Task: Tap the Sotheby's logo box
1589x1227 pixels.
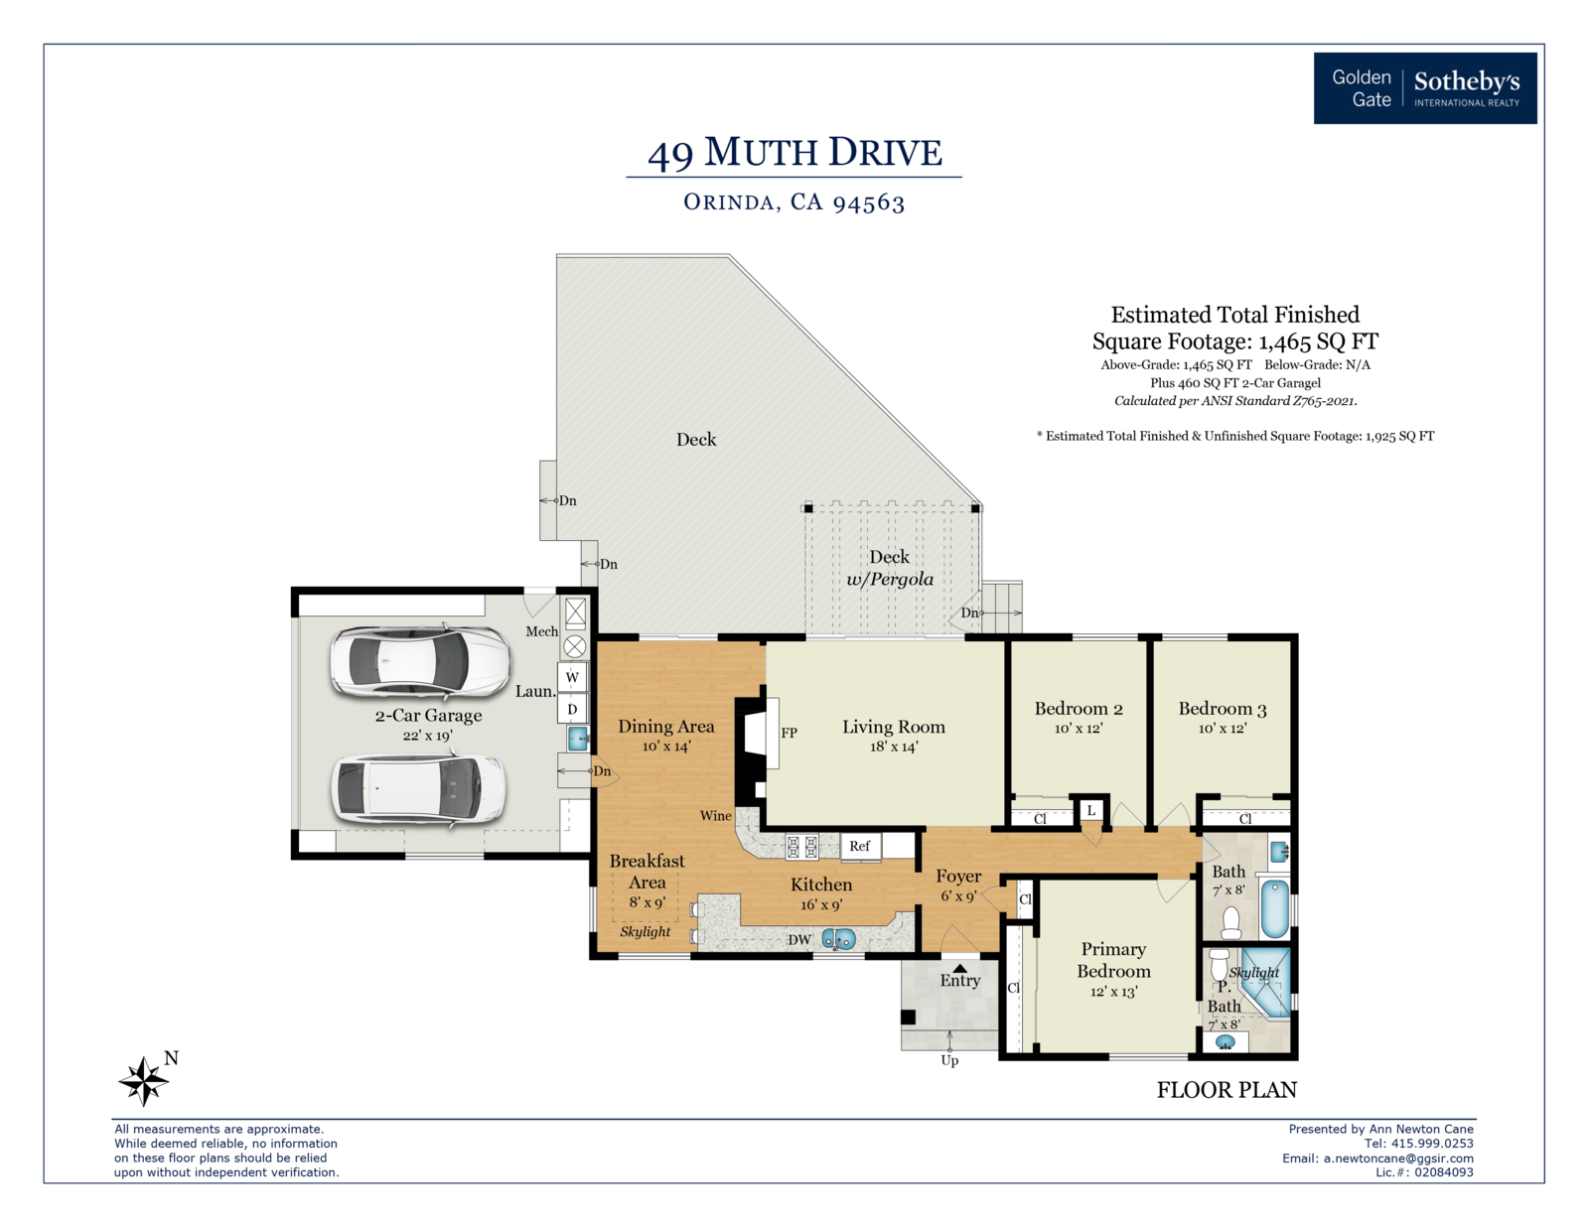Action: [1424, 88]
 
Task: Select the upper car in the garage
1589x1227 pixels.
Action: [420, 661]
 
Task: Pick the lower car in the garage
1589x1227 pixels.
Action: [417, 790]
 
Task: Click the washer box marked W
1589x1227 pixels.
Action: [573, 677]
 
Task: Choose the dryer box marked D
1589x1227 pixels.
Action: [573, 709]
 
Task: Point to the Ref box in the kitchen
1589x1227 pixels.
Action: [860, 846]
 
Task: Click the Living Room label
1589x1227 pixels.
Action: [894, 727]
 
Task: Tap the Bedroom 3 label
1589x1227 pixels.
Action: [1222, 708]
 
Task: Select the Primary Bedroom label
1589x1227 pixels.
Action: [1113, 960]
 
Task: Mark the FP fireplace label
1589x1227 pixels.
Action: [789, 733]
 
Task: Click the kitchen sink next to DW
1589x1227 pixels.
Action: [838, 938]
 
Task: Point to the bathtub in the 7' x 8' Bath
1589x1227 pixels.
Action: [1274, 909]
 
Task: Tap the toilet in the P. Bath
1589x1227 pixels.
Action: [1219, 965]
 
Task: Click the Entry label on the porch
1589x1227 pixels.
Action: [959, 981]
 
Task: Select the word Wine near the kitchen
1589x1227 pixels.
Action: [715, 816]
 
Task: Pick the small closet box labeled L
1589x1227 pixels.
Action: [1091, 810]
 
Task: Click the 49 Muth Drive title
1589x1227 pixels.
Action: [794, 152]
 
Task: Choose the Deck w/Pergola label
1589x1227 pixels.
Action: [890, 568]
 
